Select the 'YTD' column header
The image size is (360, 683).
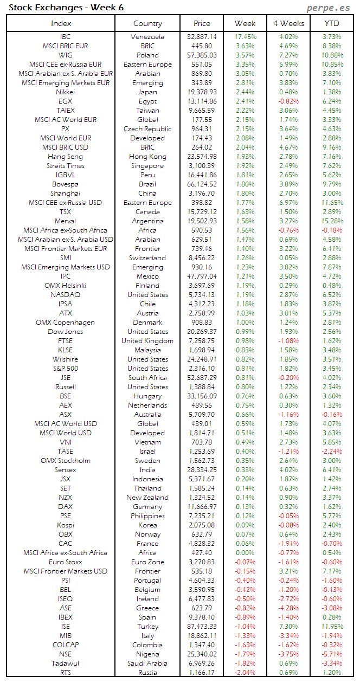332,23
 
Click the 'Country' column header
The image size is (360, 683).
147,23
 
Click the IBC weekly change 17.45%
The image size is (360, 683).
245,37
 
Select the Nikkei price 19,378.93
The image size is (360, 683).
201,92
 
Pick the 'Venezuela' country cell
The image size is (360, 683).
147,37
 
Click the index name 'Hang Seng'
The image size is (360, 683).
65,157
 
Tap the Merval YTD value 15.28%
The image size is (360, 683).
332,221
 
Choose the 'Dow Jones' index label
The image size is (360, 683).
65,332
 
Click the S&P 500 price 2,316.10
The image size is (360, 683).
201,369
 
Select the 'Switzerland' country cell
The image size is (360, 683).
147,258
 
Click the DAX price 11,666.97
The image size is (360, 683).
201,507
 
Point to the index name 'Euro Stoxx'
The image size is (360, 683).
65,562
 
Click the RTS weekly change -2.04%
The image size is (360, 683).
245,673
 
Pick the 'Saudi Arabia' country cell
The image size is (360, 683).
147,663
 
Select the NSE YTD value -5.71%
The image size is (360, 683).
332,654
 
